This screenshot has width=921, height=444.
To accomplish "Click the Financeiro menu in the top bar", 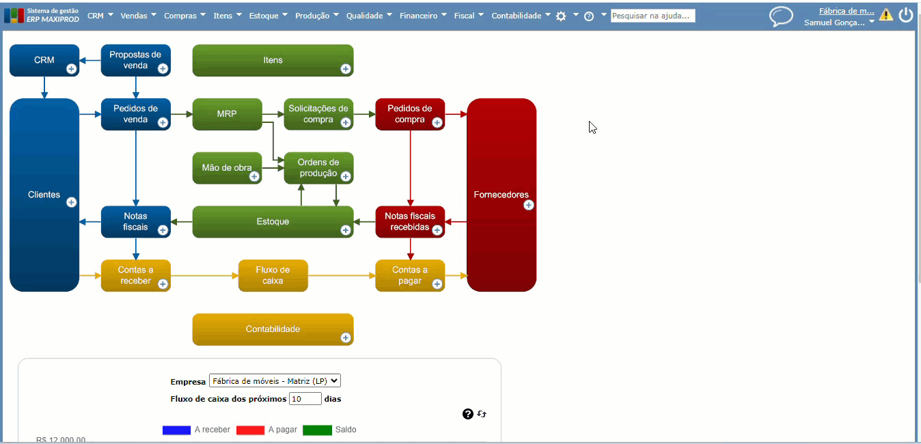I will coord(423,15).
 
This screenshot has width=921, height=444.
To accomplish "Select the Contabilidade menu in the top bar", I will coord(521,15).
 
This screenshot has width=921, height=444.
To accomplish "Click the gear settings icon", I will coord(561,16).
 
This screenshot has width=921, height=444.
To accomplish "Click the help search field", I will coord(652,15).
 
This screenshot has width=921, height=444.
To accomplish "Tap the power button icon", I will coord(906,15).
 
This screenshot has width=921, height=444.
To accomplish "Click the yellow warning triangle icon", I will coord(886,14).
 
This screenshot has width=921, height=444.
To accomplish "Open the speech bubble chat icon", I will coord(781,16).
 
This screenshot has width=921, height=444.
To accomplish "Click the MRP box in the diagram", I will coord(227,114).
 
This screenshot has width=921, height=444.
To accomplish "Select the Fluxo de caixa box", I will coord(273,275).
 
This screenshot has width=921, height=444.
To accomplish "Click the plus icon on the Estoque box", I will coord(346,230).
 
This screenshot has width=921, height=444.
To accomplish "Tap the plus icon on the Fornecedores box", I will coord(528,205).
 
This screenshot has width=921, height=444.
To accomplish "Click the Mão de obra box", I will coord(227,168).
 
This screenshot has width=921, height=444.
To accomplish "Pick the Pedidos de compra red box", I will coord(410,114).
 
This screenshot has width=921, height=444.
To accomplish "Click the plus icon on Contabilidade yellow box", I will coord(346,337).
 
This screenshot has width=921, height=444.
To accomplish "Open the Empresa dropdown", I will coord(275,381).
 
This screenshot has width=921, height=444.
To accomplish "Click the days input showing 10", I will coord(305,399).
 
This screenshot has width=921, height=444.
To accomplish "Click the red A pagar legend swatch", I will coord(250,430).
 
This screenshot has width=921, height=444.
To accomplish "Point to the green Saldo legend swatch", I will coord(317,430).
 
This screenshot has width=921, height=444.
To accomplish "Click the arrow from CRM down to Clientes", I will coord(44,87).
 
